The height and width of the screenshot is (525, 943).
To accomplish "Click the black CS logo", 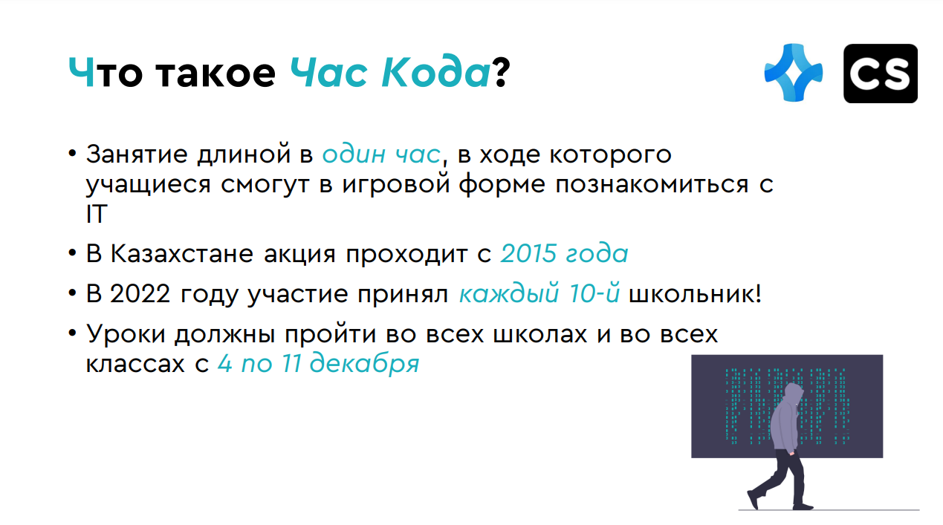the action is [881, 74].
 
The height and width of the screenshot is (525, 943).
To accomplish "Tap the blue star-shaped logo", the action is [793, 72].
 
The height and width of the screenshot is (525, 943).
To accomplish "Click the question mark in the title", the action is [501, 72].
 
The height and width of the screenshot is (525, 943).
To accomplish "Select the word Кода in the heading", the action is [435, 72].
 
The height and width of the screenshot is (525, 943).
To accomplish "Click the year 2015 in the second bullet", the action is [528, 254].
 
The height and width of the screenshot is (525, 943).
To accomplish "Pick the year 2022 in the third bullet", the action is [140, 293].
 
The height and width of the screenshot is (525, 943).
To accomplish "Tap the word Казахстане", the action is [182, 254].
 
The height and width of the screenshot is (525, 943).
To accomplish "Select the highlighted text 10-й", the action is [594, 293].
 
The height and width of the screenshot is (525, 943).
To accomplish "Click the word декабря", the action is [365, 363].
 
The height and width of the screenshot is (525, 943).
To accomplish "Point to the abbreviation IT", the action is [97, 214].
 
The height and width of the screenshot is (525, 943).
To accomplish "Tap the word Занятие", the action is [137, 154].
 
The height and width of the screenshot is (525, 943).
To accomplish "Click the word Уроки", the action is [126, 334].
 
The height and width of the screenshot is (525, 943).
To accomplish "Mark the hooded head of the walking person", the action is [794, 395].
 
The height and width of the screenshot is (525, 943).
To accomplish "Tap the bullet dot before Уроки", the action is [72, 333].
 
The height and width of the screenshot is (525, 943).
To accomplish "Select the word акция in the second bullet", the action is [299, 255].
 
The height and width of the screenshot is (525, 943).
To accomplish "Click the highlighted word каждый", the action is [509, 293].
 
